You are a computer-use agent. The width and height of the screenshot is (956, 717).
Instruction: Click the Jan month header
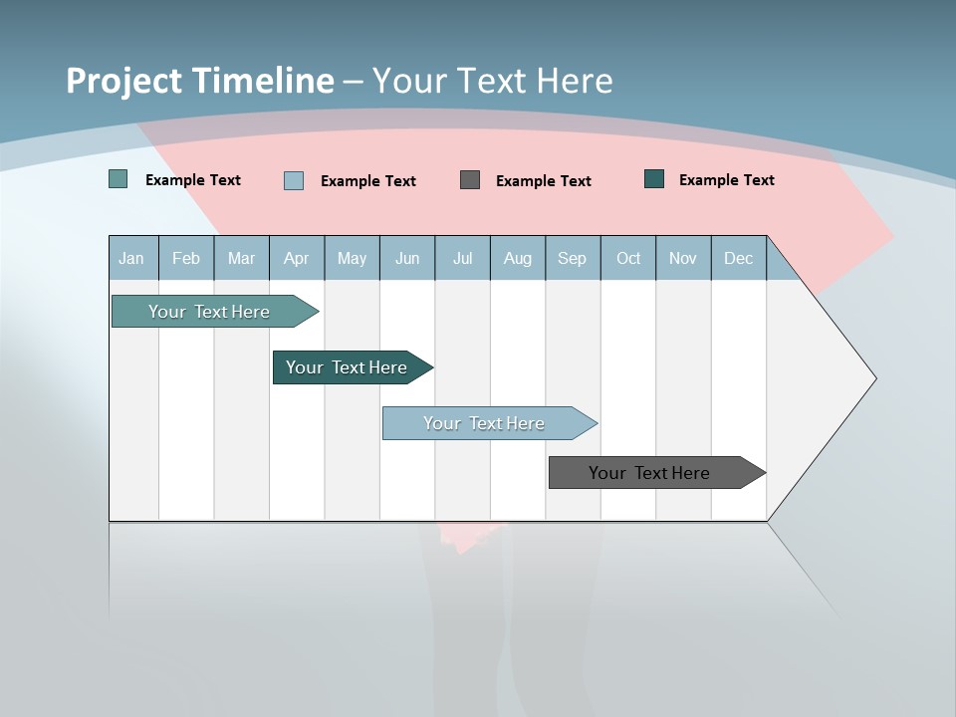coord(131,258)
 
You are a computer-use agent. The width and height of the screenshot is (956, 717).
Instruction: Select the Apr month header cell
coord(296,258)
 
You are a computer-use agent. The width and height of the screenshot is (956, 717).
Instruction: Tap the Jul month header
coord(462,258)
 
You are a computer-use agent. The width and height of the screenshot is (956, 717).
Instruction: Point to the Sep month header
coord(572,258)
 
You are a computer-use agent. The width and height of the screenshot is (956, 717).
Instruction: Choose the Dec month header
coord(738,258)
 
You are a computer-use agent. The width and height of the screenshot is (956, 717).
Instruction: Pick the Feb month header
coord(186,258)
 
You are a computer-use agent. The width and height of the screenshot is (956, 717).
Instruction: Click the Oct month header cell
coord(628,258)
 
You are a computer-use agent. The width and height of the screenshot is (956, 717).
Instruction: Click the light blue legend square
coord(294,180)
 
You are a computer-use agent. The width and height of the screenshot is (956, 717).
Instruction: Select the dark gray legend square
coord(470,179)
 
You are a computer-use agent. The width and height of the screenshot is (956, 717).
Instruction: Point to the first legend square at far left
coord(119,179)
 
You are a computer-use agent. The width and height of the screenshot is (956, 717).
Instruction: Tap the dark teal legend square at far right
coord(654,179)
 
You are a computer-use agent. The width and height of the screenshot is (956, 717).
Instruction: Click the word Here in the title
coord(575,81)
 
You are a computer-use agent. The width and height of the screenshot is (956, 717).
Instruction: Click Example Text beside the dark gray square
coord(543,181)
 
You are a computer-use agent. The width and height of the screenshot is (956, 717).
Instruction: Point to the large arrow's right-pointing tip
coord(873,378)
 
